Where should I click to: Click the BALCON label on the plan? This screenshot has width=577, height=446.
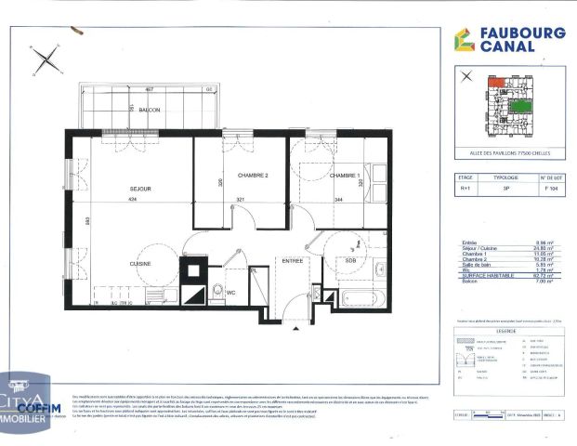pos(150,110)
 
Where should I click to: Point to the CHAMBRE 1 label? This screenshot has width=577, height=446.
pos(345,176)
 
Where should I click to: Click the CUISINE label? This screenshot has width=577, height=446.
pos(140,264)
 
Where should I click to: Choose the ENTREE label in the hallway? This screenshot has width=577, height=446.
pos(293,261)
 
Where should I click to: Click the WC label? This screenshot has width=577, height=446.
pos(231,292)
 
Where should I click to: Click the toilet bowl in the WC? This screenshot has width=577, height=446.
pos(216,287)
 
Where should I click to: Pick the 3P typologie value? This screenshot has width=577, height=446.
pos(505,187)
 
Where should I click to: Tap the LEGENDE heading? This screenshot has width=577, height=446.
pos(506,329)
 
